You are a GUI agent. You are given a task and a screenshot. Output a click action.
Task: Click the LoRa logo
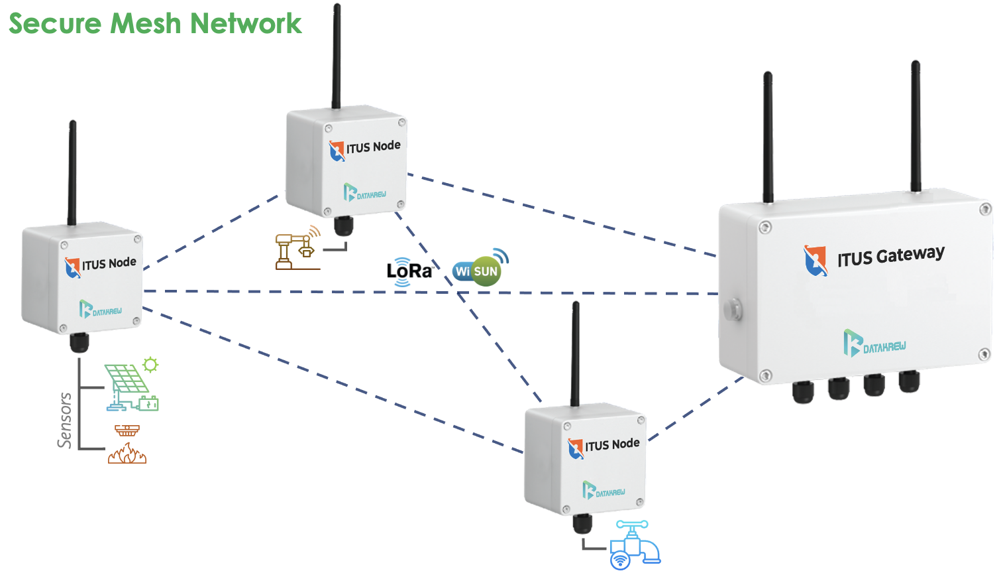(x=409, y=271)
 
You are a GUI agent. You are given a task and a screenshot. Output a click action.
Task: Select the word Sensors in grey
(x=64, y=420)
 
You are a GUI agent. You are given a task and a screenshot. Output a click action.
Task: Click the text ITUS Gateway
(x=890, y=256)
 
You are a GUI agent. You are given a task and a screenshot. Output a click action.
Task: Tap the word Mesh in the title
(x=145, y=23)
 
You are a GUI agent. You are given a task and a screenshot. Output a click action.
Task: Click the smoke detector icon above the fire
(x=127, y=430)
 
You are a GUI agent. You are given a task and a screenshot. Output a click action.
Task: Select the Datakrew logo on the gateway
(x=874, y=344)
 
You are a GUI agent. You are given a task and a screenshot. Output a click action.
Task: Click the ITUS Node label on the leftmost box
(x=109, y=263)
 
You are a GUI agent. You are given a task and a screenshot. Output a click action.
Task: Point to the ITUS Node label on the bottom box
(x=611, y=444)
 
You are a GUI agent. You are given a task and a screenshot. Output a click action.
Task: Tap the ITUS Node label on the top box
(x=373, y=147)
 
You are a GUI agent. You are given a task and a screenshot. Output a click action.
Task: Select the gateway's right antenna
(x=916, y=126)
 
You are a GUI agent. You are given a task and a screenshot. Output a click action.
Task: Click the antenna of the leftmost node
(x=72, y=172)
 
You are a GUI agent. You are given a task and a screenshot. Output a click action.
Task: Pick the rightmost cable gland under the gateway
(x=909, y=381)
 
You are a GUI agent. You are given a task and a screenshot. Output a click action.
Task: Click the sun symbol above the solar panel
(x=151, y=364)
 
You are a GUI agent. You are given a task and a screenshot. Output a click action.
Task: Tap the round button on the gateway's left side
(x=732, y=309)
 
